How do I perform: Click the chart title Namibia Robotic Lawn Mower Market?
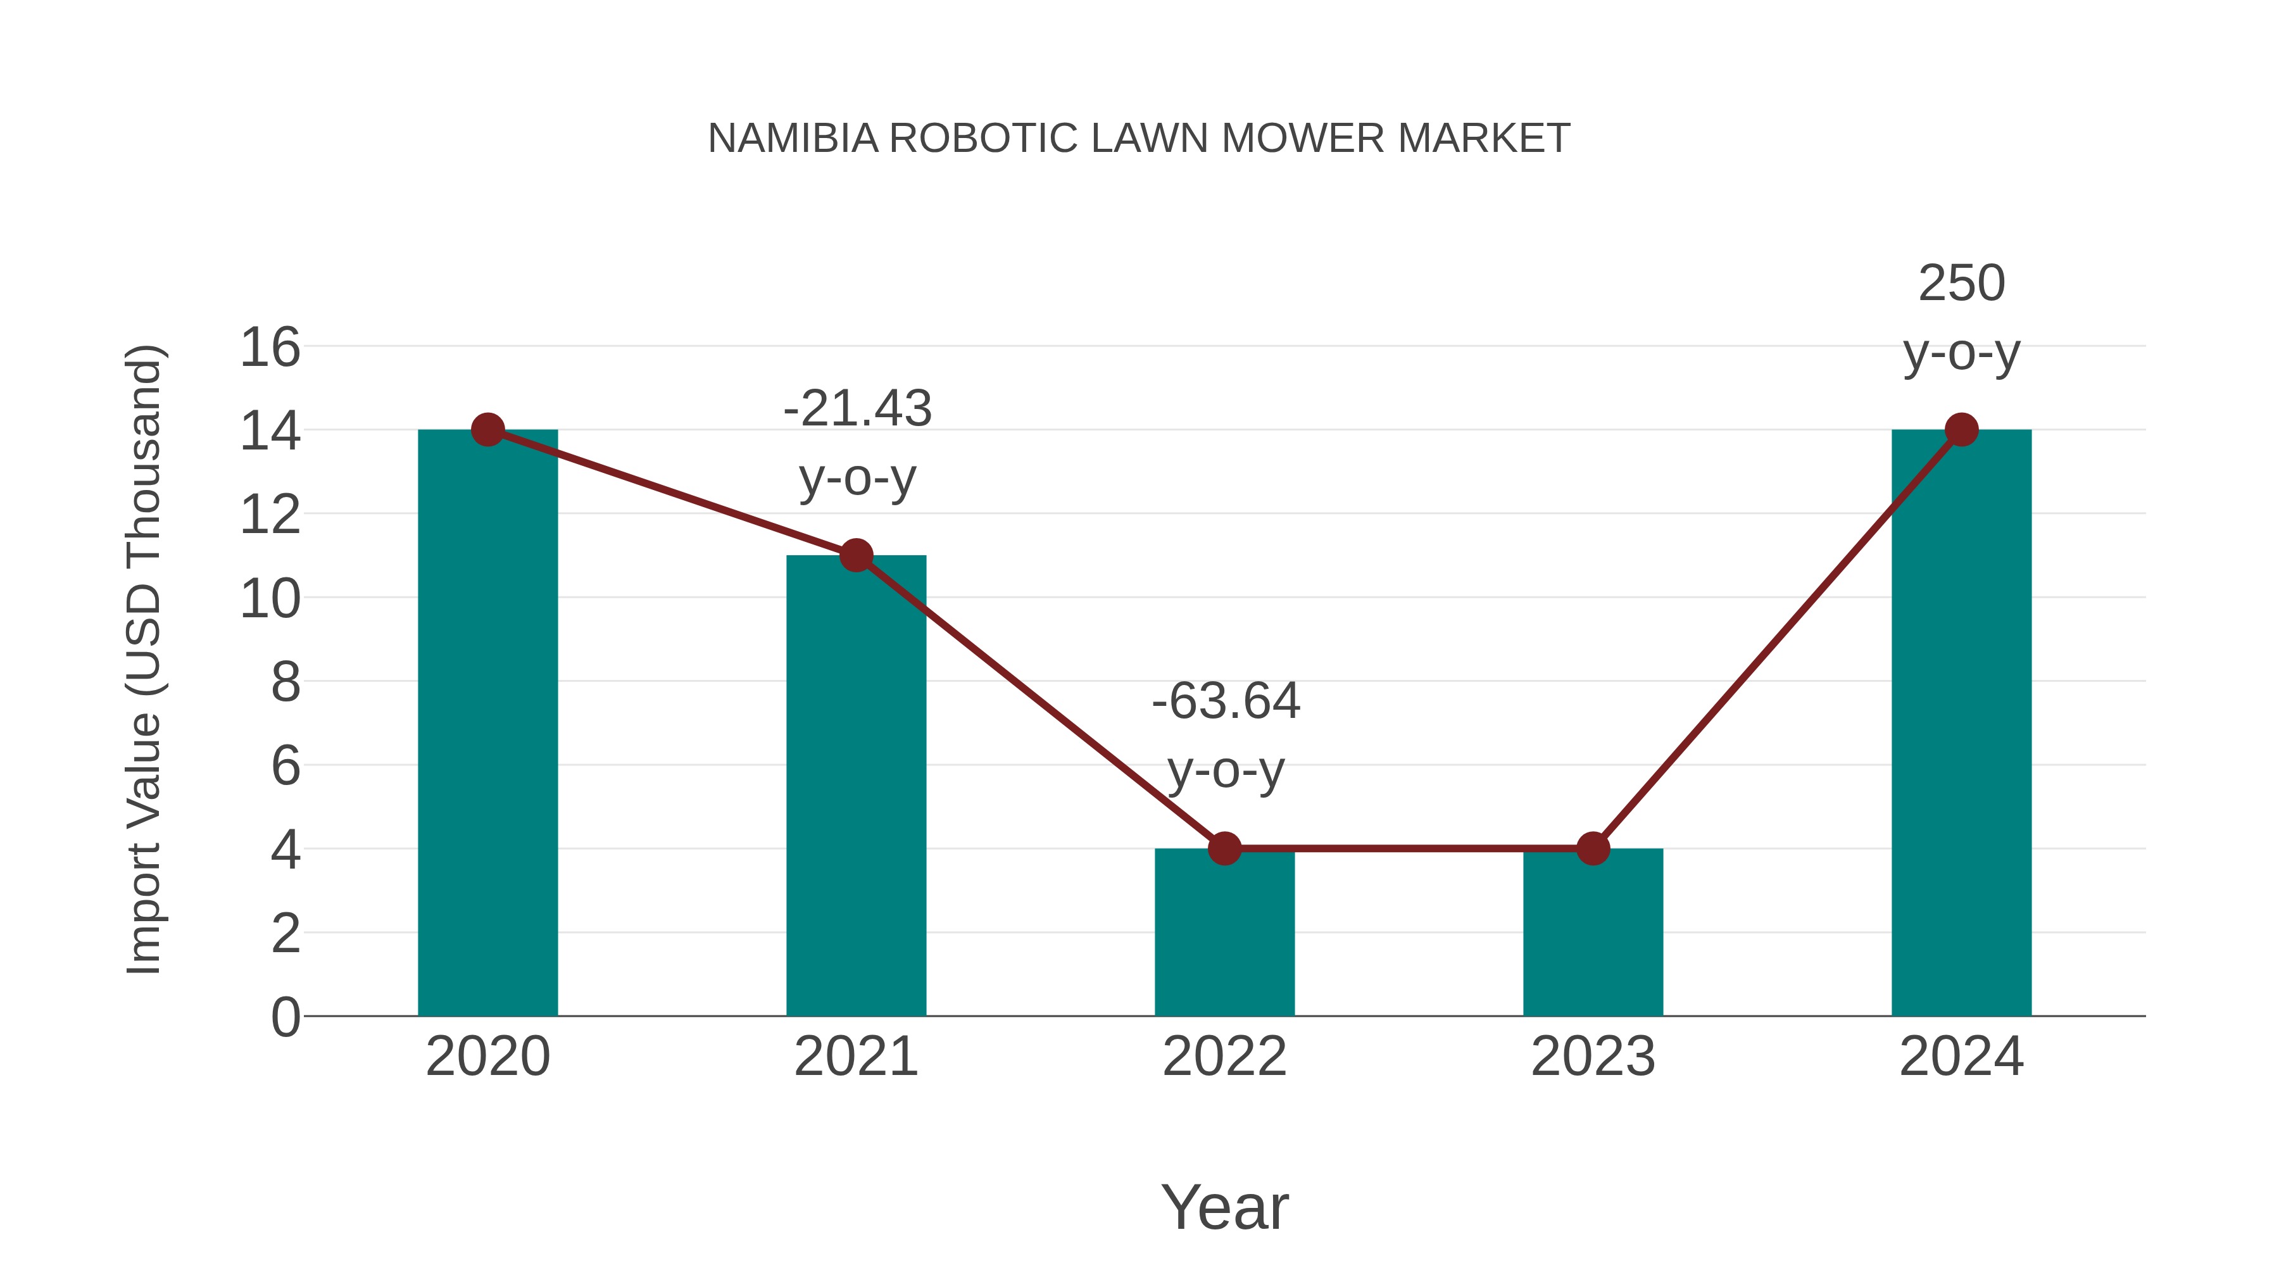tap(1139, 139)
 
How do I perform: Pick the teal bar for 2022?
tap(1224, 938)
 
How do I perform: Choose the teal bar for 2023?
tap(1593, 938)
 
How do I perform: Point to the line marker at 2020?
tap(487, 430)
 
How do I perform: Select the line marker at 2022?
tap(1224, 848)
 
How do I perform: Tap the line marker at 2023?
tap(1593, 848)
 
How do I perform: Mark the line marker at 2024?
tap(1961, 430)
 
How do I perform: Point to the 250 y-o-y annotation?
tap(1961, 318)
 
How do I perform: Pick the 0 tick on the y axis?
tap(285, 1017)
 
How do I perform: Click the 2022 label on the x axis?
tap(1224, 1057)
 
